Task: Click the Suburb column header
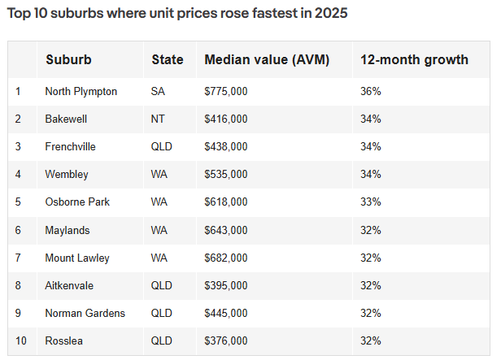click(68, 59)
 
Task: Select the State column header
click(167, 59)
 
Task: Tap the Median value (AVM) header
click(267, 60)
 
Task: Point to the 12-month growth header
click(414, 60)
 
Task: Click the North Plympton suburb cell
click(81, 92)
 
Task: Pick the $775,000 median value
click(226, 92)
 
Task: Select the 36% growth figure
click(371, 91)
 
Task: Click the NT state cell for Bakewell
click(158, 119)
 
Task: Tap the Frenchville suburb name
click(70, 146)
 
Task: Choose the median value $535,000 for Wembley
click(226, 174)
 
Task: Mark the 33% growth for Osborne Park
click(371, 202)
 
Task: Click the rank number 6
click(18, 230)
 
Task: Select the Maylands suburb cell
click(68, 231)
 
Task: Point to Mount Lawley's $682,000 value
click(226, 258)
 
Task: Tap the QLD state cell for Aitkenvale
click(161, 285)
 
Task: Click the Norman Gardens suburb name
click(85, 313)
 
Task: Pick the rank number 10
click(21, 340)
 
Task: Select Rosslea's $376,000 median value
click(226, 340)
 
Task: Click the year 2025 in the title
click(331, 13)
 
